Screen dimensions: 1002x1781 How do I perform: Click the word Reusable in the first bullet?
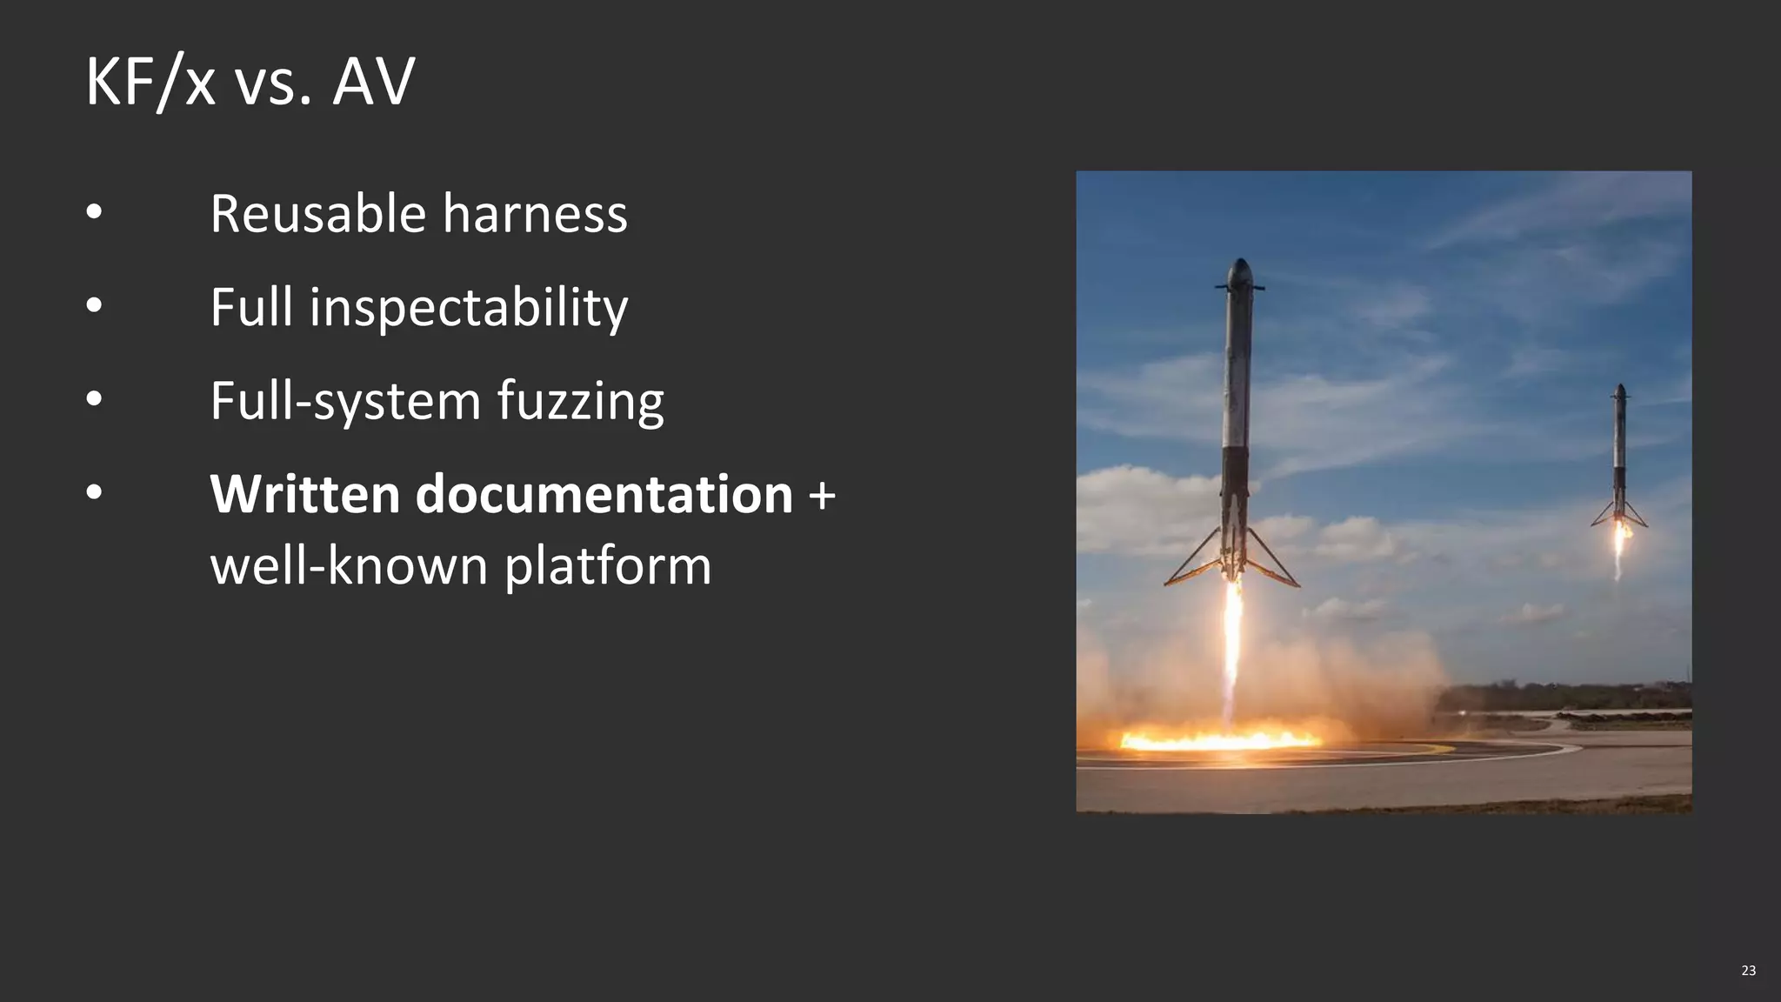point(318,214)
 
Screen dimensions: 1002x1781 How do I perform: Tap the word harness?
point(535,214)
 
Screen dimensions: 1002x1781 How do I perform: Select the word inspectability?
point(468,308)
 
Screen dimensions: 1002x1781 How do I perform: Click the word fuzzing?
point(580,402)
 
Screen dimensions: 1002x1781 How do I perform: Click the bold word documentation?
point(604,494)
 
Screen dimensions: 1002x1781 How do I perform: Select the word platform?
point(608,566)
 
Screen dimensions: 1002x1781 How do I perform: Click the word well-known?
point(350,566)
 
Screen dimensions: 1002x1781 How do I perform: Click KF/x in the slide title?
point(150,82)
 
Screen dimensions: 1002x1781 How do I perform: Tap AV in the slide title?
point(373,82)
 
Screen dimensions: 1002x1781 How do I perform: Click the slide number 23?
point(1748,971)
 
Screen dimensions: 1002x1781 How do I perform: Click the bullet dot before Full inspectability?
point(94,305)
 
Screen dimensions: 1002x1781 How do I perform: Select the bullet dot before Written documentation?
point(94,493)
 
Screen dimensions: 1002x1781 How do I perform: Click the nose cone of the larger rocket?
point(1240,270)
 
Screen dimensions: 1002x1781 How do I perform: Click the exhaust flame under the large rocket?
point(1231,644)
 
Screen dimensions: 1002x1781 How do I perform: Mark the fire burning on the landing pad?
point(1217,740)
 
